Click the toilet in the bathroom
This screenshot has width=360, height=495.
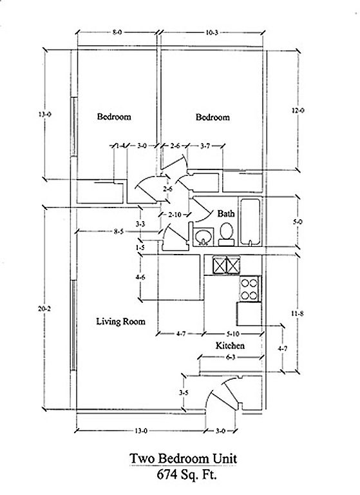226,235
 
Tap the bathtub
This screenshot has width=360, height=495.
251,222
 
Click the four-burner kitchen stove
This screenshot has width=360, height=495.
249,289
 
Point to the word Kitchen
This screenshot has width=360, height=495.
230,345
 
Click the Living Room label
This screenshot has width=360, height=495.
121,322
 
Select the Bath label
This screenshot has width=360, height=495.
226,213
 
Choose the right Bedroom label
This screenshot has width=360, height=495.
213,117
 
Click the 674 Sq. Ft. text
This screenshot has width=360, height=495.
187,474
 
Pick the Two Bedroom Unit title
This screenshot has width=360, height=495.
183,458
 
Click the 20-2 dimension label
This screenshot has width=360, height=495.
44,309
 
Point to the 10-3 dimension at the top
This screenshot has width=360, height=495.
212,32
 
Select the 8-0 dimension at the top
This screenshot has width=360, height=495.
117,32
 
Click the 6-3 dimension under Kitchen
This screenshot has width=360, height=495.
231,357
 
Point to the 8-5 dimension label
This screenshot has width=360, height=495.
118,231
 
